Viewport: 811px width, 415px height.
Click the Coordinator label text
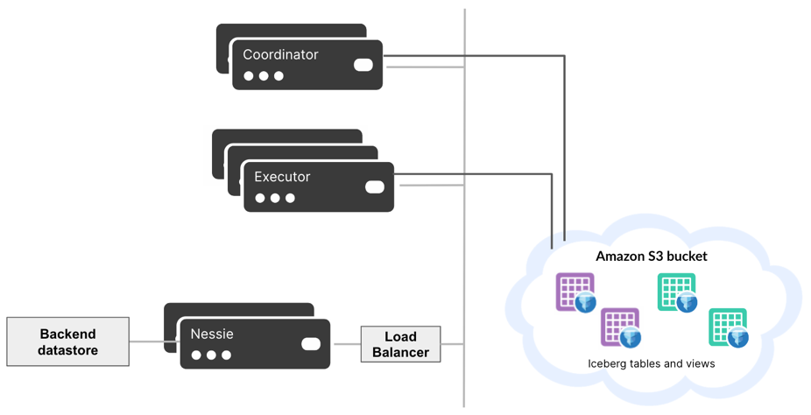[x=280, y=54]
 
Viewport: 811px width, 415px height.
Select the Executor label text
[x=282, y=177]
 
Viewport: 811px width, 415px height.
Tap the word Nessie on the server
[x=212, y=334]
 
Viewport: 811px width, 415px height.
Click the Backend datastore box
[x=67, y=341]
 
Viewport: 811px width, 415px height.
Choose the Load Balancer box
[x=400, y=344]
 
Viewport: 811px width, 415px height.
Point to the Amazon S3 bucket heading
[x=651, y=257]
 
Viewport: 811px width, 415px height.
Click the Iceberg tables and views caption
[x=651, y=363]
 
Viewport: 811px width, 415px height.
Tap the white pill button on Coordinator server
[x=363, y=65]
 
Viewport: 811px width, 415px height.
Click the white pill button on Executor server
[x=374, y=186]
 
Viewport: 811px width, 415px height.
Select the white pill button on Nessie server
[x=311, y=343]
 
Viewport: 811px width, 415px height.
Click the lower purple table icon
[x=620, y=327]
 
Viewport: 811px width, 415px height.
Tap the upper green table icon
[x=677, y=292]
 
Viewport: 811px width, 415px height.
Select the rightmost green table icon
[x=728, y=327]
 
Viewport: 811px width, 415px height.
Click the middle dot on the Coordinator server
[x=264, y=76]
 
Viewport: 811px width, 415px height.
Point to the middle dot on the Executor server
[x=275, y=199]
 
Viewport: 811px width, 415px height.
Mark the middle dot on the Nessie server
[x=211, y=355]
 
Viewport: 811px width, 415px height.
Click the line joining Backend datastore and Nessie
[x=146, y=341]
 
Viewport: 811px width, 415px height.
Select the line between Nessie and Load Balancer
[x=345, y=343]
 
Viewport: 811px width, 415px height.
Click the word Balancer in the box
[x=400, y=352]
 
